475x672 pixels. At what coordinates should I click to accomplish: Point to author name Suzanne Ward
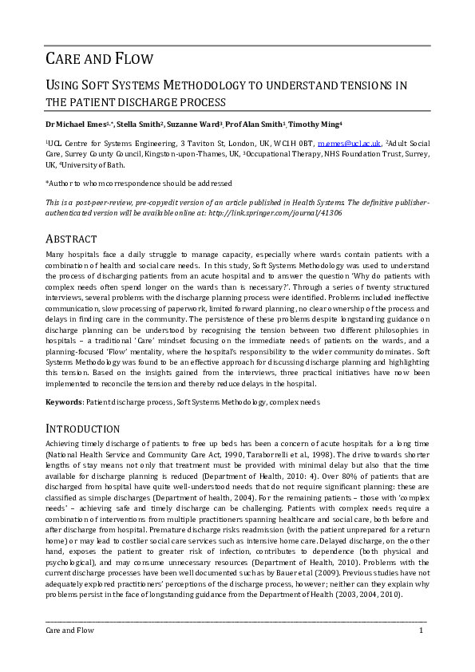click(193, 125)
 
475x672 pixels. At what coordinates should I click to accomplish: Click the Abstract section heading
click(71, 239)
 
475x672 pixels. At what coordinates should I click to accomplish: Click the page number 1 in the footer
click(421, 630)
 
